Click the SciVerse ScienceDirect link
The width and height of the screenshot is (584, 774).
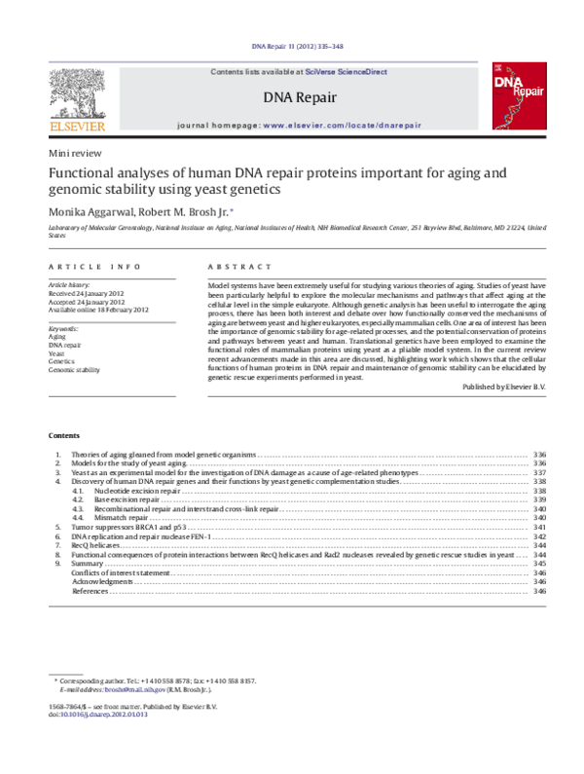[346, 72]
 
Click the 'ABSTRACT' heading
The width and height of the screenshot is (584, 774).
[237, 264]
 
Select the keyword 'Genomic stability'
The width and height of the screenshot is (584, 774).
[74, 369]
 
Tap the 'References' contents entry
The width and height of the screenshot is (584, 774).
[91, 591]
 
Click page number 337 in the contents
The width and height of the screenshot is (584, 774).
[539, 472]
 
